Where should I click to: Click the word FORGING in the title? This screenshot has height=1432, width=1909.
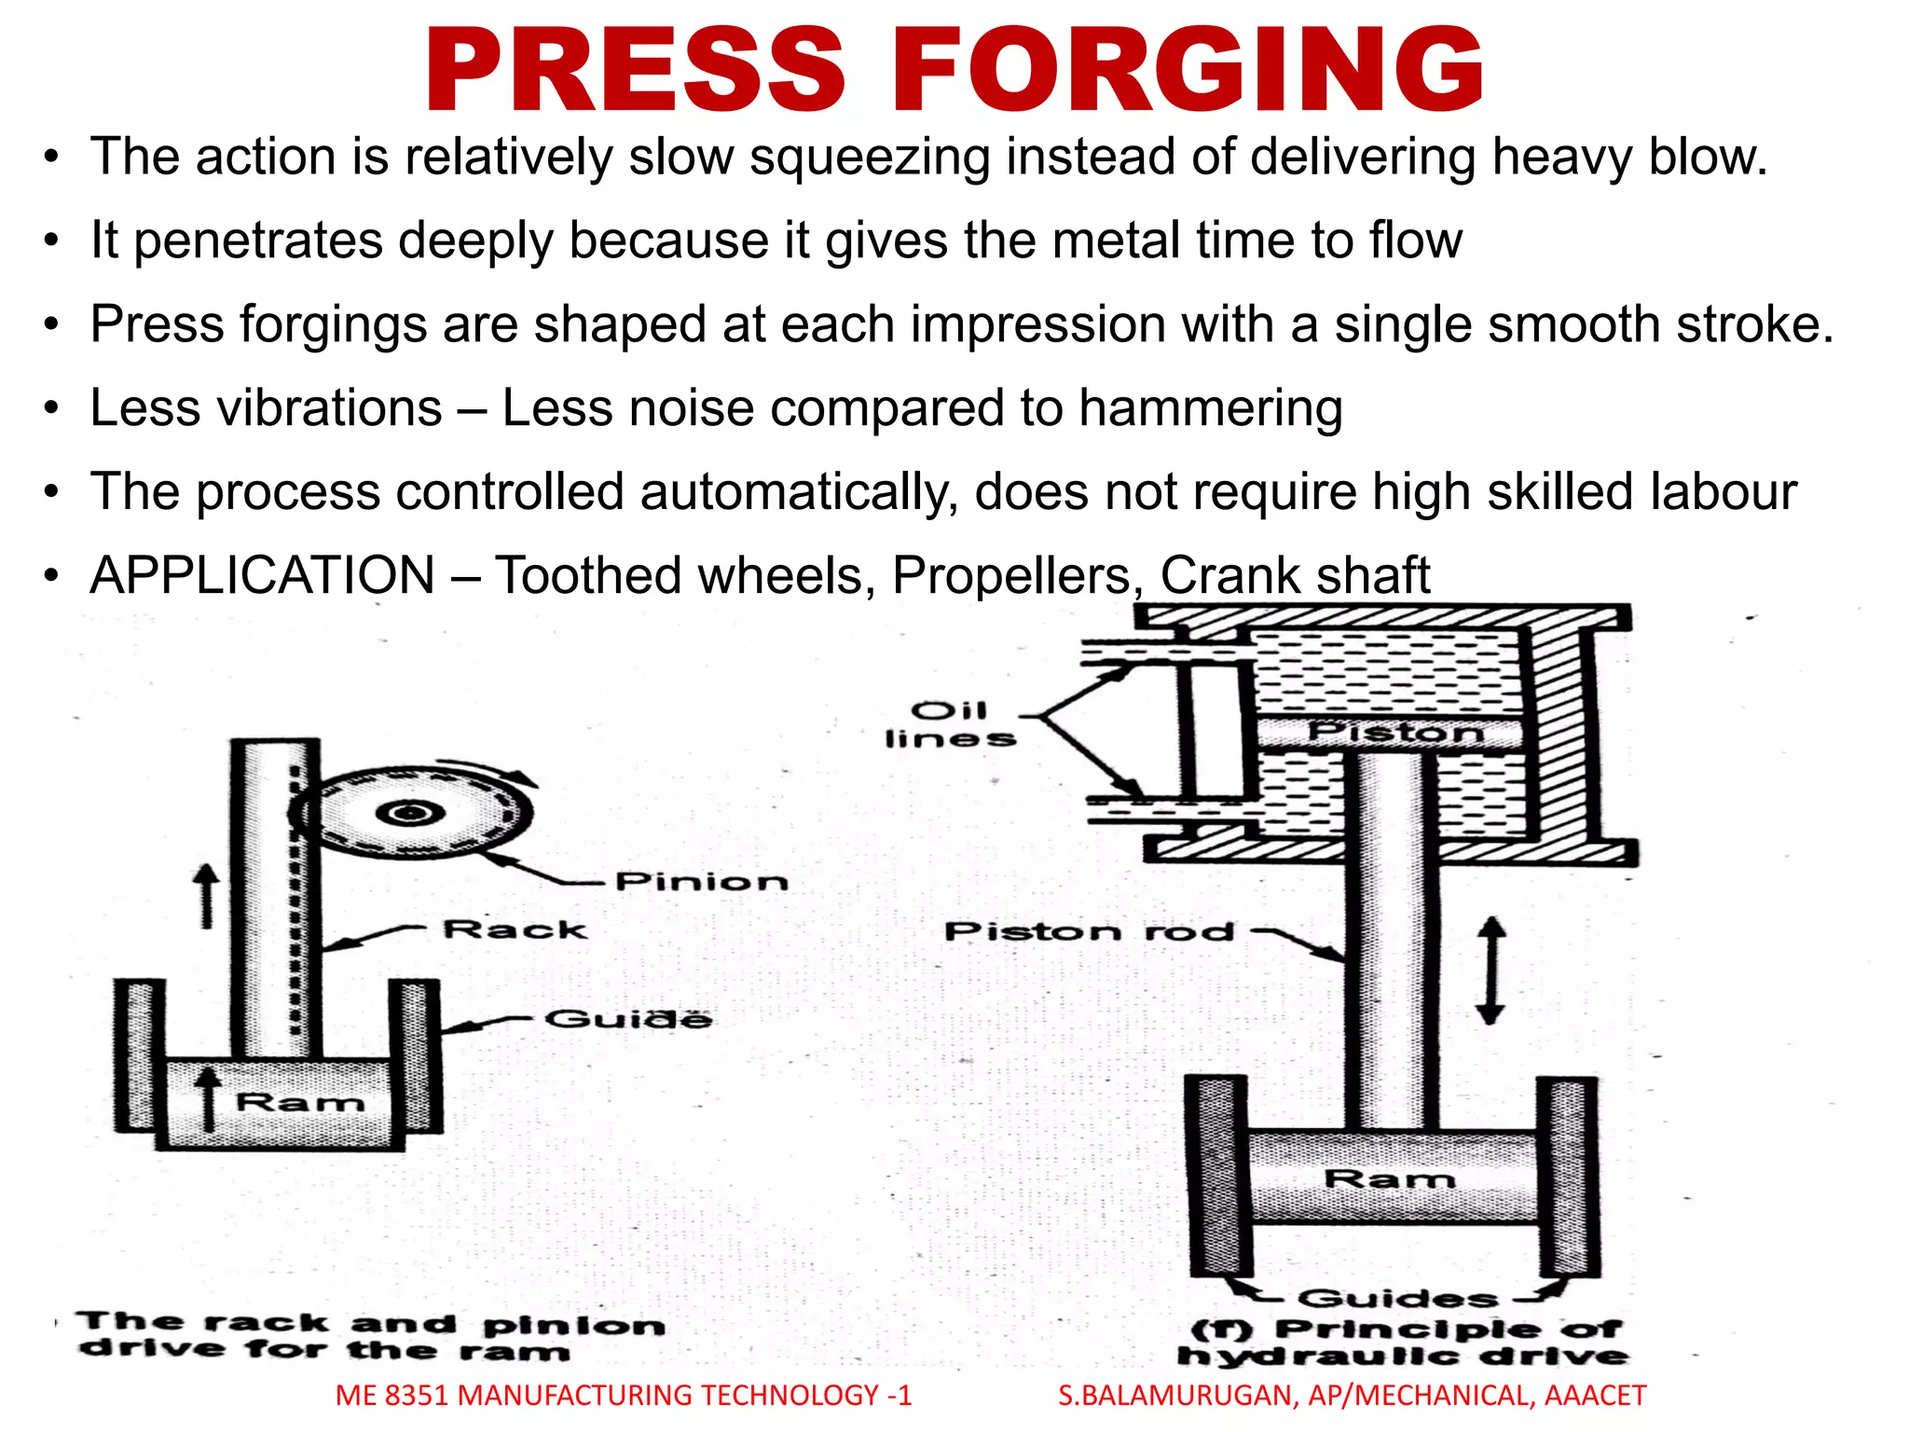tap(1188, 71)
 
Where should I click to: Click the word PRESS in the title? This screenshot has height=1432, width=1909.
tap(634, 71)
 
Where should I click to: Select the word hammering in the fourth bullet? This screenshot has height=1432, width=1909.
tap(1210, 409)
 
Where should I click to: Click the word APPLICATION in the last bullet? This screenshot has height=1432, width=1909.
tap(262, 575)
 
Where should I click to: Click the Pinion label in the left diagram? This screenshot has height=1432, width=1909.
tap(701, 881)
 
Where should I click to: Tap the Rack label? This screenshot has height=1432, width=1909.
tap(515, 929)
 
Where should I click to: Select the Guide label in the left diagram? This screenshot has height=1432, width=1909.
tap(627, 1019)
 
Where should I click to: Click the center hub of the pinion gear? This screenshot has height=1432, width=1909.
tap(408, 814)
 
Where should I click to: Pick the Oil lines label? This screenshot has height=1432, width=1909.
tap(950, 725)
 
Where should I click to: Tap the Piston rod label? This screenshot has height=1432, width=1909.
tap(1089, 931)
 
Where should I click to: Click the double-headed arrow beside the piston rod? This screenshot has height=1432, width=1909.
tap(1490, 970)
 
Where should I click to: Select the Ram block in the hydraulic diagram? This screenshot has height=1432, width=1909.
tap(1389, 1178)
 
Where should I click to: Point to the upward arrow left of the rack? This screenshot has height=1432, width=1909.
tap(206, 895)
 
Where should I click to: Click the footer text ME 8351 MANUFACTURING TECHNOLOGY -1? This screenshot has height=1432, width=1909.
tap(623, 1396)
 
